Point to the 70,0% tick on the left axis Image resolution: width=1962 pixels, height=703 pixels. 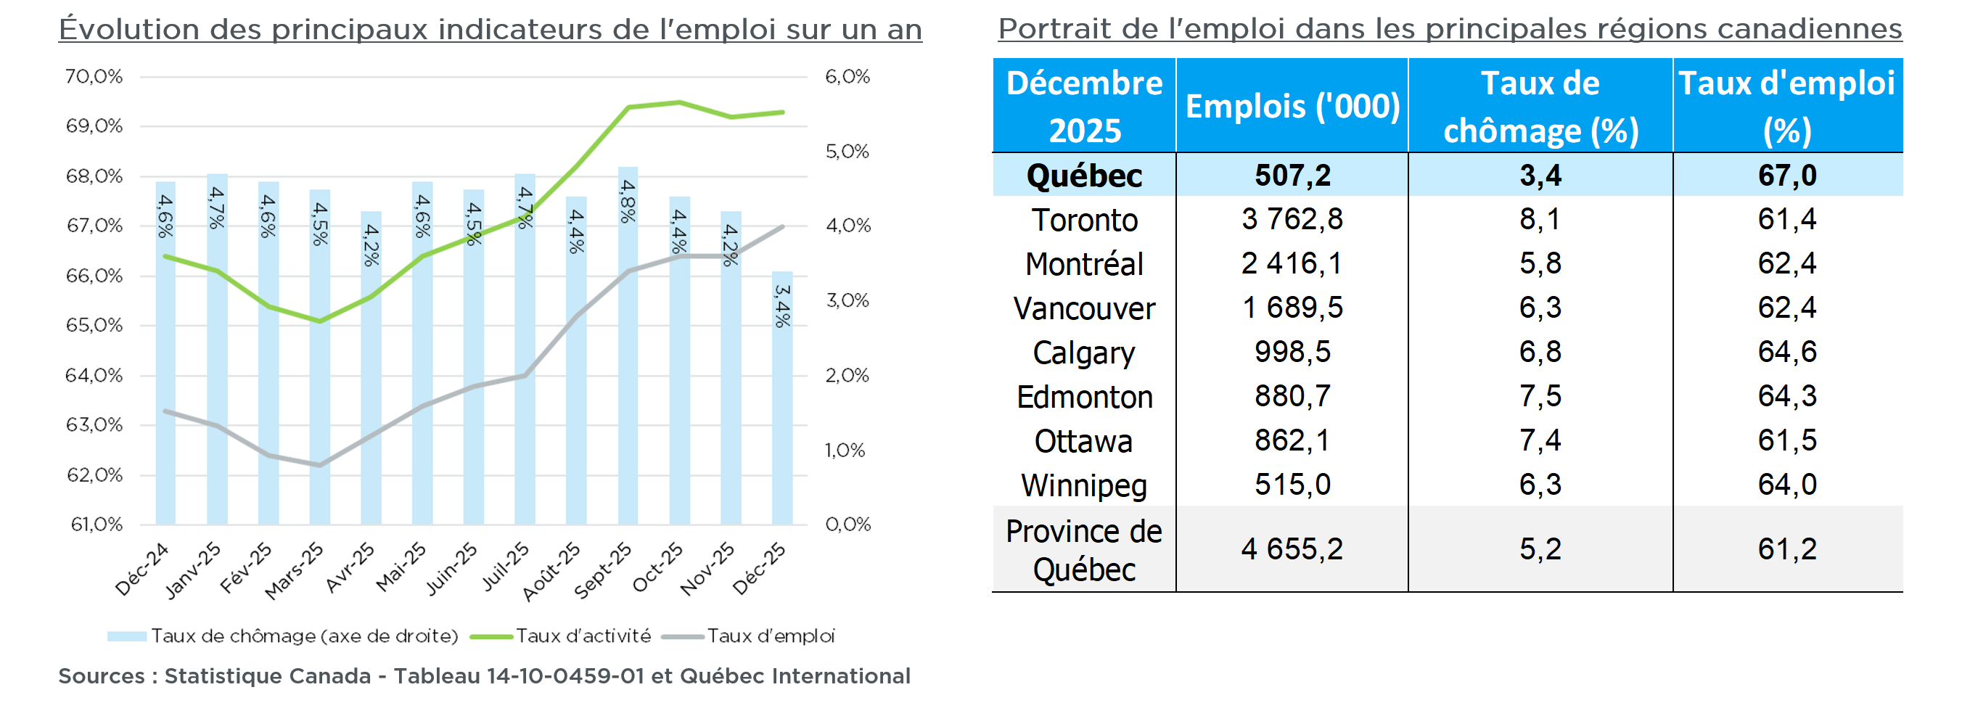[x=94, y=76]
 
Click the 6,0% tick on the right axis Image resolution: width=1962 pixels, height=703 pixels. [x=847, y=76]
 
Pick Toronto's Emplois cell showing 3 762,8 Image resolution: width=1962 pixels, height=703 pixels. [x=1292, y=219]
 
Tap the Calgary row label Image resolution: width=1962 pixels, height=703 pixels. [x=1084, y=353]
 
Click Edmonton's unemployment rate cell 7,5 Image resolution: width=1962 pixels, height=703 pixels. [x=1540, y=396]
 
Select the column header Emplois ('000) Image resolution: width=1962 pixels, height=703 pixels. [x=1292, y=106]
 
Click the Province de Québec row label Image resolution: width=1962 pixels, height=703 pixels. [x=1084, y=550]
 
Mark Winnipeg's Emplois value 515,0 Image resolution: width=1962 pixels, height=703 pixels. [x=1292, y=485]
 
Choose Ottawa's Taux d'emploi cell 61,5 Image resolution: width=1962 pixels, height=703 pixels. [x=1787, y=440]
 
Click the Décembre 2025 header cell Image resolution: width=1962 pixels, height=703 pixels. [x=1084, y=106]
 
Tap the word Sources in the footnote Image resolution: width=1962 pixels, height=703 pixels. [x=102, y=676]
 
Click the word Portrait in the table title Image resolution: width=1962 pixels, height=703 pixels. [x=1046, y=29]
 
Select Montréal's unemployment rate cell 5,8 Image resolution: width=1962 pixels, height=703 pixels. [x=1540, y=263]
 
